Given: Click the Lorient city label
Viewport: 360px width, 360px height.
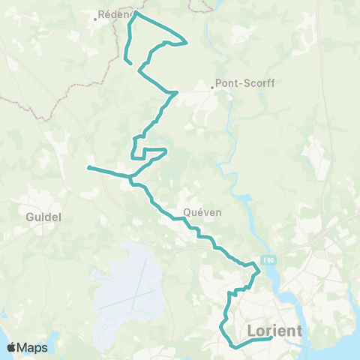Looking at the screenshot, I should tap(274, 331).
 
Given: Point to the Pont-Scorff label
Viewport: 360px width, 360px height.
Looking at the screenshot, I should tap(244, 84).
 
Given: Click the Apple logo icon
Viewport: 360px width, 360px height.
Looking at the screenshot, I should tap(11, 347).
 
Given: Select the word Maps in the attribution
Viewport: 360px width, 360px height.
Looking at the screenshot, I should tap(33, 347).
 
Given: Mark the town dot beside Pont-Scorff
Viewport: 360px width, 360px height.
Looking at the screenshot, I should tap(212, 87).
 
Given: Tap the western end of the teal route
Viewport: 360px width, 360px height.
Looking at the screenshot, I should tap(88, 167).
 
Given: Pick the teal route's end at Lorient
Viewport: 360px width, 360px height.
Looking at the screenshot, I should tap(271, 339).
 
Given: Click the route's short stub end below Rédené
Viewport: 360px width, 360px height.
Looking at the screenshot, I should tap(131, 64).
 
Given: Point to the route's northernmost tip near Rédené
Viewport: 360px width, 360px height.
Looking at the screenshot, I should tap(136, 12).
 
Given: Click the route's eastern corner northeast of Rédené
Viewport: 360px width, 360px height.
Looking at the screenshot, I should tap(185, 41).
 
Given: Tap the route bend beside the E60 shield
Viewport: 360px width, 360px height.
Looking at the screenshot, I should tap(258, 271).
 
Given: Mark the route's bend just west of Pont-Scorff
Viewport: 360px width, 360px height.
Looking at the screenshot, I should tap(175, 93).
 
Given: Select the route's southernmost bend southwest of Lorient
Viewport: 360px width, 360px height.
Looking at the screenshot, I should tap(234, 346).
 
